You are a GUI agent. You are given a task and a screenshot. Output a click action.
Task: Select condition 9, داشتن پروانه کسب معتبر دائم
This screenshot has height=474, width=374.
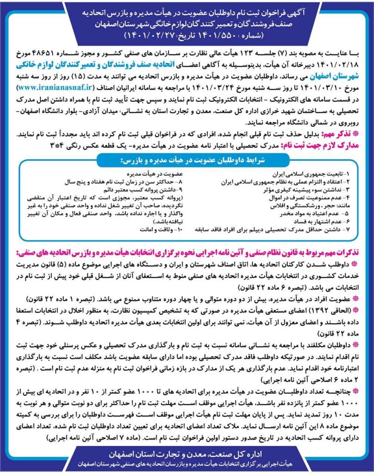[139, 190]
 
